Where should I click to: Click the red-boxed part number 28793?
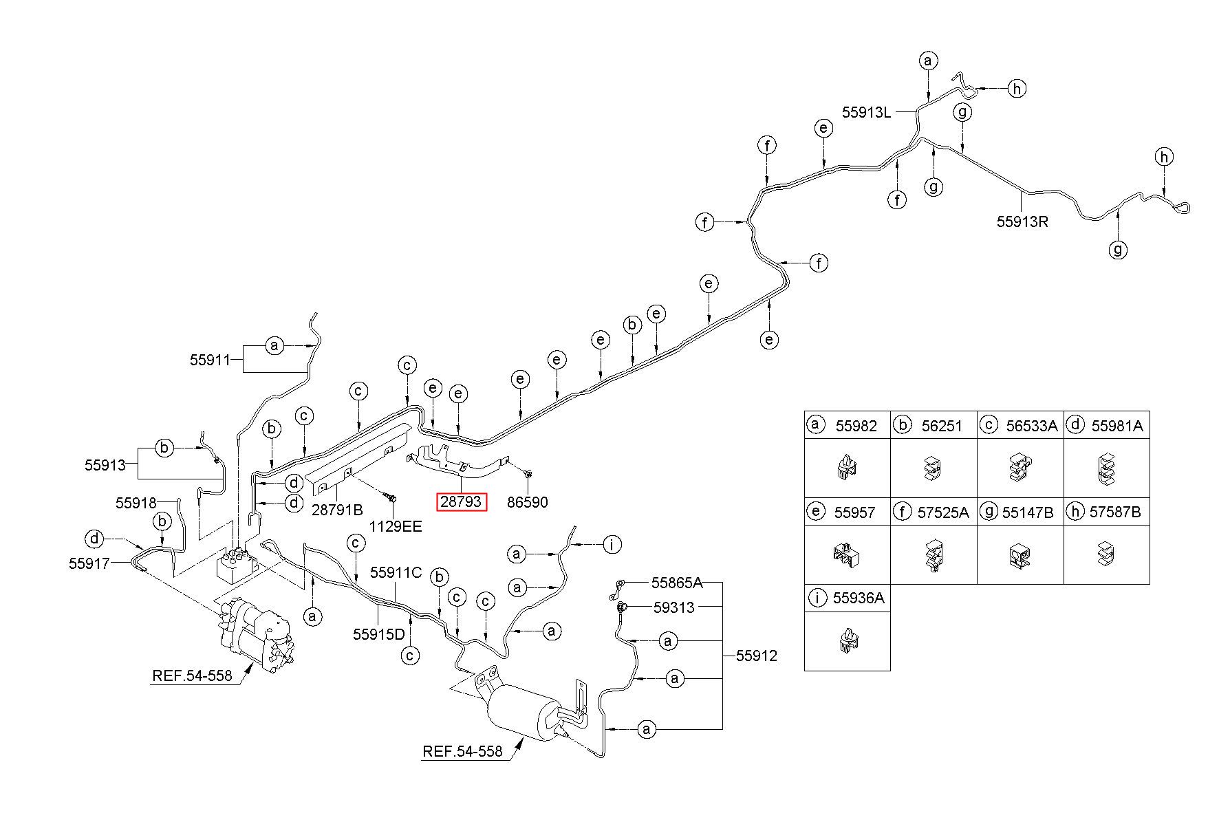[461, 502]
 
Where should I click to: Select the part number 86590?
[528, 502]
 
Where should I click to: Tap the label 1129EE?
[396, 527]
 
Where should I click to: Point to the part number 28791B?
[337, 510]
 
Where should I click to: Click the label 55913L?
[867, 112]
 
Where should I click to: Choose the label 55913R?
[1023, 221]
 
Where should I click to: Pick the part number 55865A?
[678, 583]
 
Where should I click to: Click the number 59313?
[674, 607]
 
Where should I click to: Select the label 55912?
[757, 656]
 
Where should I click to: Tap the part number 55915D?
[379, 634]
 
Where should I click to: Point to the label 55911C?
[396, 572]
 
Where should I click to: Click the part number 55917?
[89, 563]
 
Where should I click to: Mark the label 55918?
[136, 503]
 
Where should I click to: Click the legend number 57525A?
[943, 512]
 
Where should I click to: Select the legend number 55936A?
[859, 598]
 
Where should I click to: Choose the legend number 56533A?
[1032, 426]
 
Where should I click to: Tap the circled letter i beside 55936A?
[817, 598]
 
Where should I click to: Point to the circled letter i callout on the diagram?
[612, 545]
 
